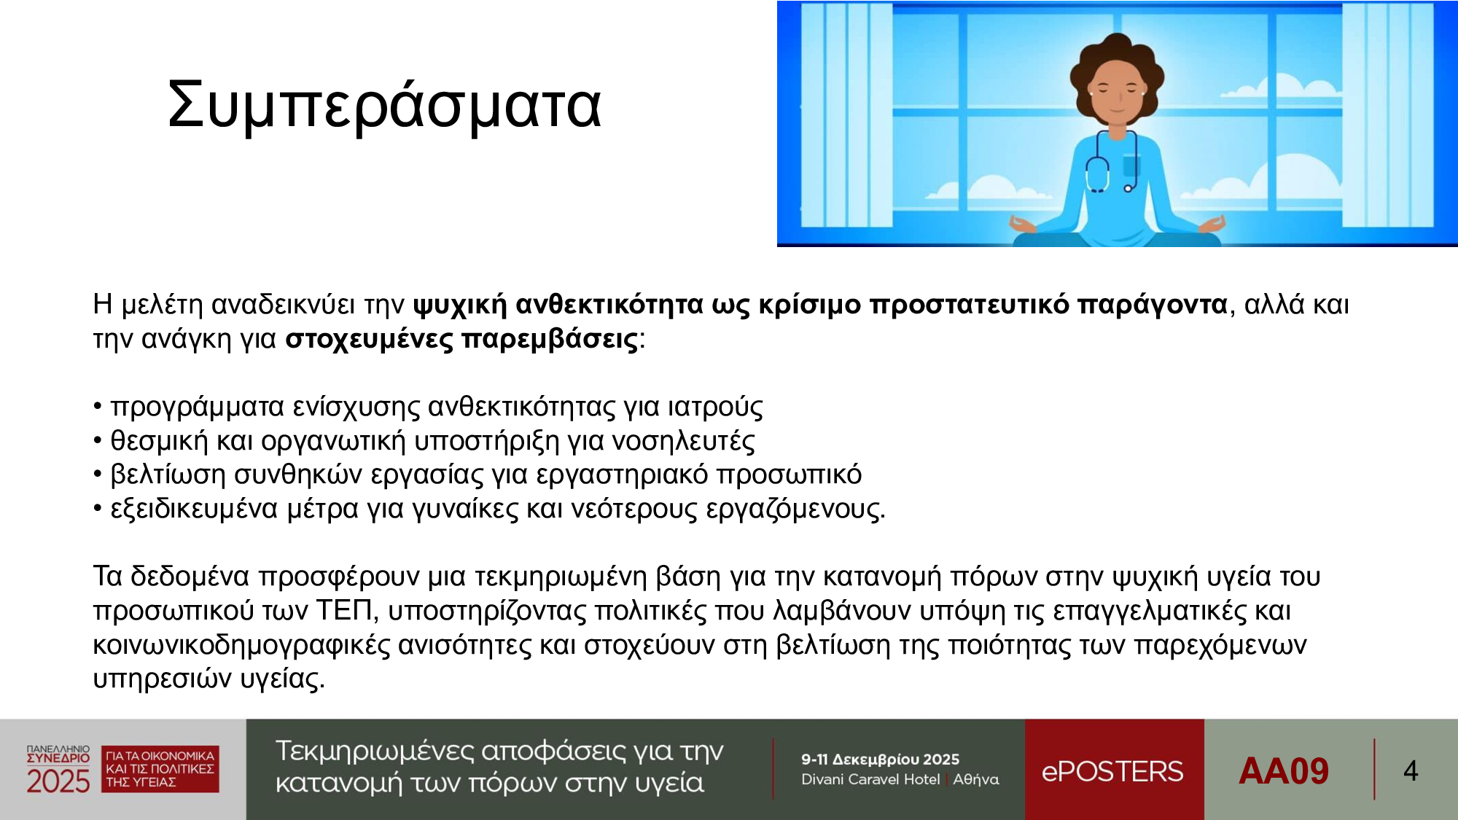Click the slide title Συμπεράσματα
[x=385, y=105]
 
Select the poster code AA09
[x=1284, y=771]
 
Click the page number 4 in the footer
[x=1411, y=771]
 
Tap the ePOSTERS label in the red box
[x=1112, y=771]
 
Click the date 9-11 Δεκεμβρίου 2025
[x=880, y=760]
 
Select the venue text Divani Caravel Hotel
[x=870, y=779]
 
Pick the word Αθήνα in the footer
[x=976, y=779]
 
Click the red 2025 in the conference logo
[x=58, y=781]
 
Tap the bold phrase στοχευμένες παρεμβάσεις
[x=461, y=339]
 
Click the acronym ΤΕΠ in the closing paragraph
[x=344, y=610]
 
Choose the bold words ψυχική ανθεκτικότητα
[x=558, y=305]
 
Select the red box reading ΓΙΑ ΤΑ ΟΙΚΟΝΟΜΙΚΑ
[x=160, y=769]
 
